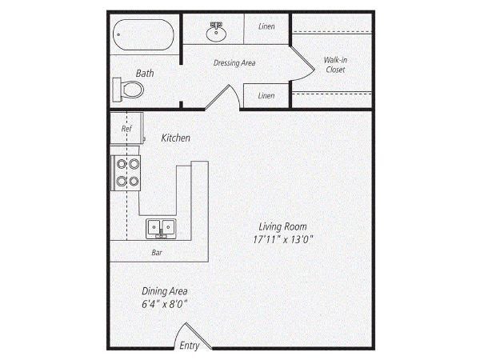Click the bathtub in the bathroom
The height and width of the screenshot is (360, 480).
click(x=143, y=35)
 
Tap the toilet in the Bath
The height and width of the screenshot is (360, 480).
click(x=128, y=90)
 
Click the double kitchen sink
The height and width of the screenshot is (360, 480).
click(x=161, y=229)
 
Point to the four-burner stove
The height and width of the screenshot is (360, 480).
click(x=126, y=173)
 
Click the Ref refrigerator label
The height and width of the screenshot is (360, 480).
click(x=126, y=129)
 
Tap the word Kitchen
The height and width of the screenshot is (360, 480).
click(x=176, y=138)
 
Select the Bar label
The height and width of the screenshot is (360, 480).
click(x=157, y=253)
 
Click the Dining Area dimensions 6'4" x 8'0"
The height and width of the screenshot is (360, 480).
click(x=164, y=304)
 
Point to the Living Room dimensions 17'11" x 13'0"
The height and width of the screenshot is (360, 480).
click(x=283, y=239)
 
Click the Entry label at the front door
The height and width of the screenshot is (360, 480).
click(x=189, y=346)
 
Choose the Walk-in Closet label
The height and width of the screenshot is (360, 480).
click(x=335, y=65)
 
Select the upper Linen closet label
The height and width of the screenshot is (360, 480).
click(x=266, y=26)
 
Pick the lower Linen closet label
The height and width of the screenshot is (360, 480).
click(x=266, y=96)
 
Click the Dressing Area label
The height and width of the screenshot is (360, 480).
click(x=234, y=62)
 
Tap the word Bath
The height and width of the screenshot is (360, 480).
click(x=145, y=73)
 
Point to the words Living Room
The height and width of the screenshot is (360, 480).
click(x=283, y=227)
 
